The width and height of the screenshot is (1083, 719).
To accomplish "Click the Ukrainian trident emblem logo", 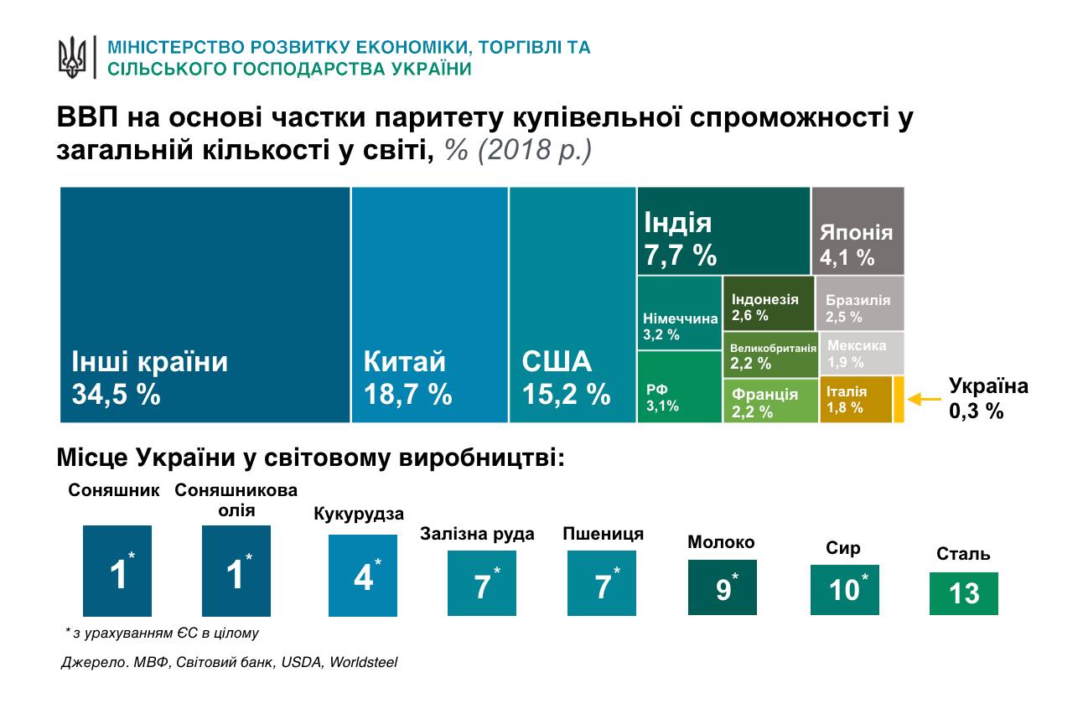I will point(72,56).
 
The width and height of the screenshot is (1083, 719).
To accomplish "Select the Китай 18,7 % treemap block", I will point(430,305).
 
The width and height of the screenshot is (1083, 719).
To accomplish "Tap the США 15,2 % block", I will point(573,305).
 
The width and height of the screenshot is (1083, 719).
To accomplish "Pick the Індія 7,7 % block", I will point(723,230).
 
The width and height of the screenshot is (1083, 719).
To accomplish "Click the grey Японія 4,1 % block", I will point(858,230).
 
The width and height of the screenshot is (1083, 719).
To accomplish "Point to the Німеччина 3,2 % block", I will point(679,313).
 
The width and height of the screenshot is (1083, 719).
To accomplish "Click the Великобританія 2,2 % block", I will point(769,354).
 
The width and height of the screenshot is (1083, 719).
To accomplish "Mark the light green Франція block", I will point(769,401).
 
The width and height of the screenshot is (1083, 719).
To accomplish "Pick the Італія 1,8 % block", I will point(855,401).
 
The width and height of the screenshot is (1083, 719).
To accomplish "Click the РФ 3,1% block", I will point(679,386).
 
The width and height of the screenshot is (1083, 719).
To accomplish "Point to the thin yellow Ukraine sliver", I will point(899,401).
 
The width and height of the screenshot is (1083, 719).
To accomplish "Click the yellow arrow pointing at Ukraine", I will point(925,400).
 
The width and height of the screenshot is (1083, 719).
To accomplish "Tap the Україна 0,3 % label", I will point(987,398).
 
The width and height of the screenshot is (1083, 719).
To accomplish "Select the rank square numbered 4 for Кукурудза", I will point(363,576).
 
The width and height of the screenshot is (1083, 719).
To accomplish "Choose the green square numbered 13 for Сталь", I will point(964,593).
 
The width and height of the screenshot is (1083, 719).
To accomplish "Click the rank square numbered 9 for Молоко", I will point(723,587).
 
